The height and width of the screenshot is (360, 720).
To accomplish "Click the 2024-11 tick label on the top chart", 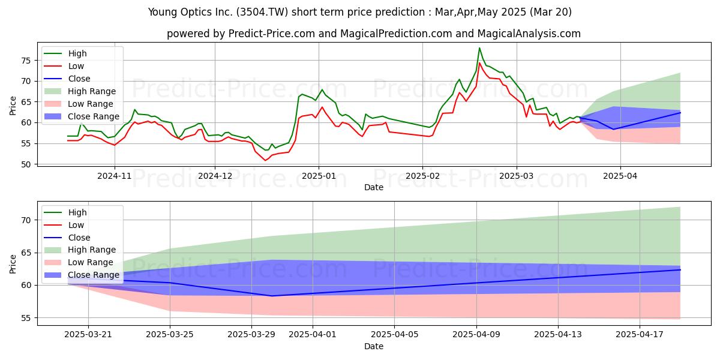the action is pyautogui.click(x=115, y=176).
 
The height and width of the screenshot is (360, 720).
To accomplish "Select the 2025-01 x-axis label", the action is pyautogui.click(x=319, y=176).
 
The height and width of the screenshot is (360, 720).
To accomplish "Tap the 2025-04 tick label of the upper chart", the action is pyautogui.click(x=620, y=176).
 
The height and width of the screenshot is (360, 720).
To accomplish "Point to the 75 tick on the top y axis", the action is pyautogui.click(x=26, y=61).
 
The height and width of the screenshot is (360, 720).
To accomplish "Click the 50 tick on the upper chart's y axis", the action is pyautogui.click(x=26, y=164).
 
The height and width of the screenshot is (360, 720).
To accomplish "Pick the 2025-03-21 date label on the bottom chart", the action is pyautogui.click(x=88, y=335).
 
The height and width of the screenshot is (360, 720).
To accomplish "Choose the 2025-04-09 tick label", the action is pyautogui.click(x=476, y=335).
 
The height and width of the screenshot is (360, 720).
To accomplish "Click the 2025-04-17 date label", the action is pyautogui.click(x=640, y=335).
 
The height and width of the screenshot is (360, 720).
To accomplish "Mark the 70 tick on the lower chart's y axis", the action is pyautogui.click(x=26, y=220).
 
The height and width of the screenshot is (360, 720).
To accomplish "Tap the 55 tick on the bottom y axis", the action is pyautogui.click(x=26, y=318).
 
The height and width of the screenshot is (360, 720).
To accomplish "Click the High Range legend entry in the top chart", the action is pyautogui.click(x=80, y=91).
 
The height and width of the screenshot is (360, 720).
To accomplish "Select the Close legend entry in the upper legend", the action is pyautogui.click(x=67, y=79).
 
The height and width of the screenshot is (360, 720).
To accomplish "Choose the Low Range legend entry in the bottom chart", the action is pyautogui.click(x=79, y=262).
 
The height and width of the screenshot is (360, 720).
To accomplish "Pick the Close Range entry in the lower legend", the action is pyautogui.click(x=82, y=275).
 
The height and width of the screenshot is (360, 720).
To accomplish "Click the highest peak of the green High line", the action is pyautogui.click(x=479, y=48).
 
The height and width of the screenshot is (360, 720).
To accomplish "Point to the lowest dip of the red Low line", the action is pyautogui.click(x=265, y=160).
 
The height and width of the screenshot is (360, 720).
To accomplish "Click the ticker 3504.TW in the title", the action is pyautogui.click(x=262, y=12).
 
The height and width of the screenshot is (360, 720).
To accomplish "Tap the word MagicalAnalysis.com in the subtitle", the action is pyautogui.click(x=529, y=34).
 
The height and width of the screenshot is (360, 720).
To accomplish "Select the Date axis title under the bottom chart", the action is pyautogui.click(x=373, y=347).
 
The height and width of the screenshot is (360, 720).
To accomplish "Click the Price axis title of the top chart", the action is pyautogui.click(x=13, y=106).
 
